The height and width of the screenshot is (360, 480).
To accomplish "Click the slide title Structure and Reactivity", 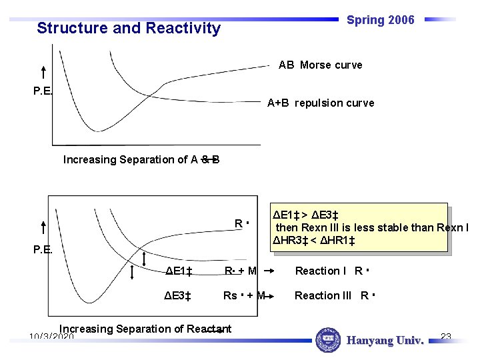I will [129, 28].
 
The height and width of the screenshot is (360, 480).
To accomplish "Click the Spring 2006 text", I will [380, 20].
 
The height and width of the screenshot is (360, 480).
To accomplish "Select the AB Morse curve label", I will [320, 65].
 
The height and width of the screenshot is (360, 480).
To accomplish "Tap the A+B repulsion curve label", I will [321, 103].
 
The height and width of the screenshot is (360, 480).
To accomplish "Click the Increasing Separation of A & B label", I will [141, 159].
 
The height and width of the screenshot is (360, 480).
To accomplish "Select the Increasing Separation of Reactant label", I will [145, 329].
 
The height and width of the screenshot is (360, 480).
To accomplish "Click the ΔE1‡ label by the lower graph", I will [179, 271].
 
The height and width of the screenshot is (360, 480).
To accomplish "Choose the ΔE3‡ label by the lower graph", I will [179, 295].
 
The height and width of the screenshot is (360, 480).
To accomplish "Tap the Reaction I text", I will [320, 271].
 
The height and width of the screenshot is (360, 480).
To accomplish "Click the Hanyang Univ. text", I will [385, 341].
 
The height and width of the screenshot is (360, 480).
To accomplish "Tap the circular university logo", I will [327, 340].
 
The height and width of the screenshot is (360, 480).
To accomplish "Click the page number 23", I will [446, 337].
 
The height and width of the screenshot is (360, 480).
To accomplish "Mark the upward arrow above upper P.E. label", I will [43, 72].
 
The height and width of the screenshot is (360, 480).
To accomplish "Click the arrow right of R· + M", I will [268, 271].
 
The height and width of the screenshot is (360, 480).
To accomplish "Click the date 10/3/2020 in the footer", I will [51, 337].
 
